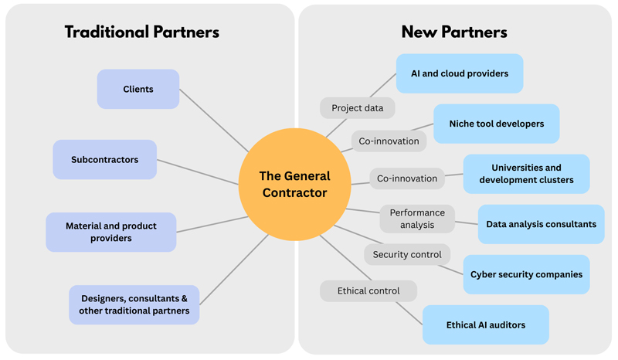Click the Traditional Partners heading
[141, 32]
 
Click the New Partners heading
[454, 32]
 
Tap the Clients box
[138, 90]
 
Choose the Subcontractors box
[105, 160]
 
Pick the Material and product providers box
[110, 232]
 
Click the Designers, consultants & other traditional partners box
[134, 304]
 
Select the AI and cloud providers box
[460, 73]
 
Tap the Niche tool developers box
[496, 124]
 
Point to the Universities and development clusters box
[526, 174]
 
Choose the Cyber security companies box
[526, 274]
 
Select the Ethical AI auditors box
[485, 324]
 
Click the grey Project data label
[357, 108]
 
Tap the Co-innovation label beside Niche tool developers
[389, 141]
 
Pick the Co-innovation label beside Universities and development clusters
[407, 178]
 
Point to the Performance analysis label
[417, 219]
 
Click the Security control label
[407, 254]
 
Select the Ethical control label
[368, 291]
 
